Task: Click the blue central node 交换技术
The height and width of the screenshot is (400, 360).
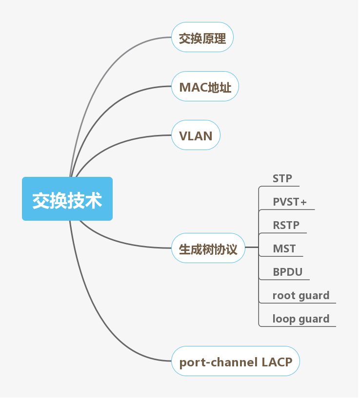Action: click(67, 199)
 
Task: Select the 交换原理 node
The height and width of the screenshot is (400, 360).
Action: click(202, 38)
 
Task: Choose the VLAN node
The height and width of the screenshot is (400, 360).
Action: click(196, 135)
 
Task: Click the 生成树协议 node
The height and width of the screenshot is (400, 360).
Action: click(208, 249)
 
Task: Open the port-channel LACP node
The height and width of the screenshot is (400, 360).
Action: click(236, 362)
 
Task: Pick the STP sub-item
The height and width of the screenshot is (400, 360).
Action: click(282, 178)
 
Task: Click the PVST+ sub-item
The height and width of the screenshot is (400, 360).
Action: click(289, 202)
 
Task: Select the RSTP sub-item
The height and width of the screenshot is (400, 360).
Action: click(286, 225)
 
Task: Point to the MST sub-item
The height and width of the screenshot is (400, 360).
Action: click(284, 248)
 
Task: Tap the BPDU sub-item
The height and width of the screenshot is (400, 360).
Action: click(287, 272)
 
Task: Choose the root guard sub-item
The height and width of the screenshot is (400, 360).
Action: click(300, 295)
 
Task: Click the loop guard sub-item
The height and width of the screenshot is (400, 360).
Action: click(300, 319)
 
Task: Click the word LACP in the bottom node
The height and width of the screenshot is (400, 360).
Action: click(277, 362)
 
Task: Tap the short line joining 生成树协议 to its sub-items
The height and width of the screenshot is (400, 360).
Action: click(251, 248)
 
